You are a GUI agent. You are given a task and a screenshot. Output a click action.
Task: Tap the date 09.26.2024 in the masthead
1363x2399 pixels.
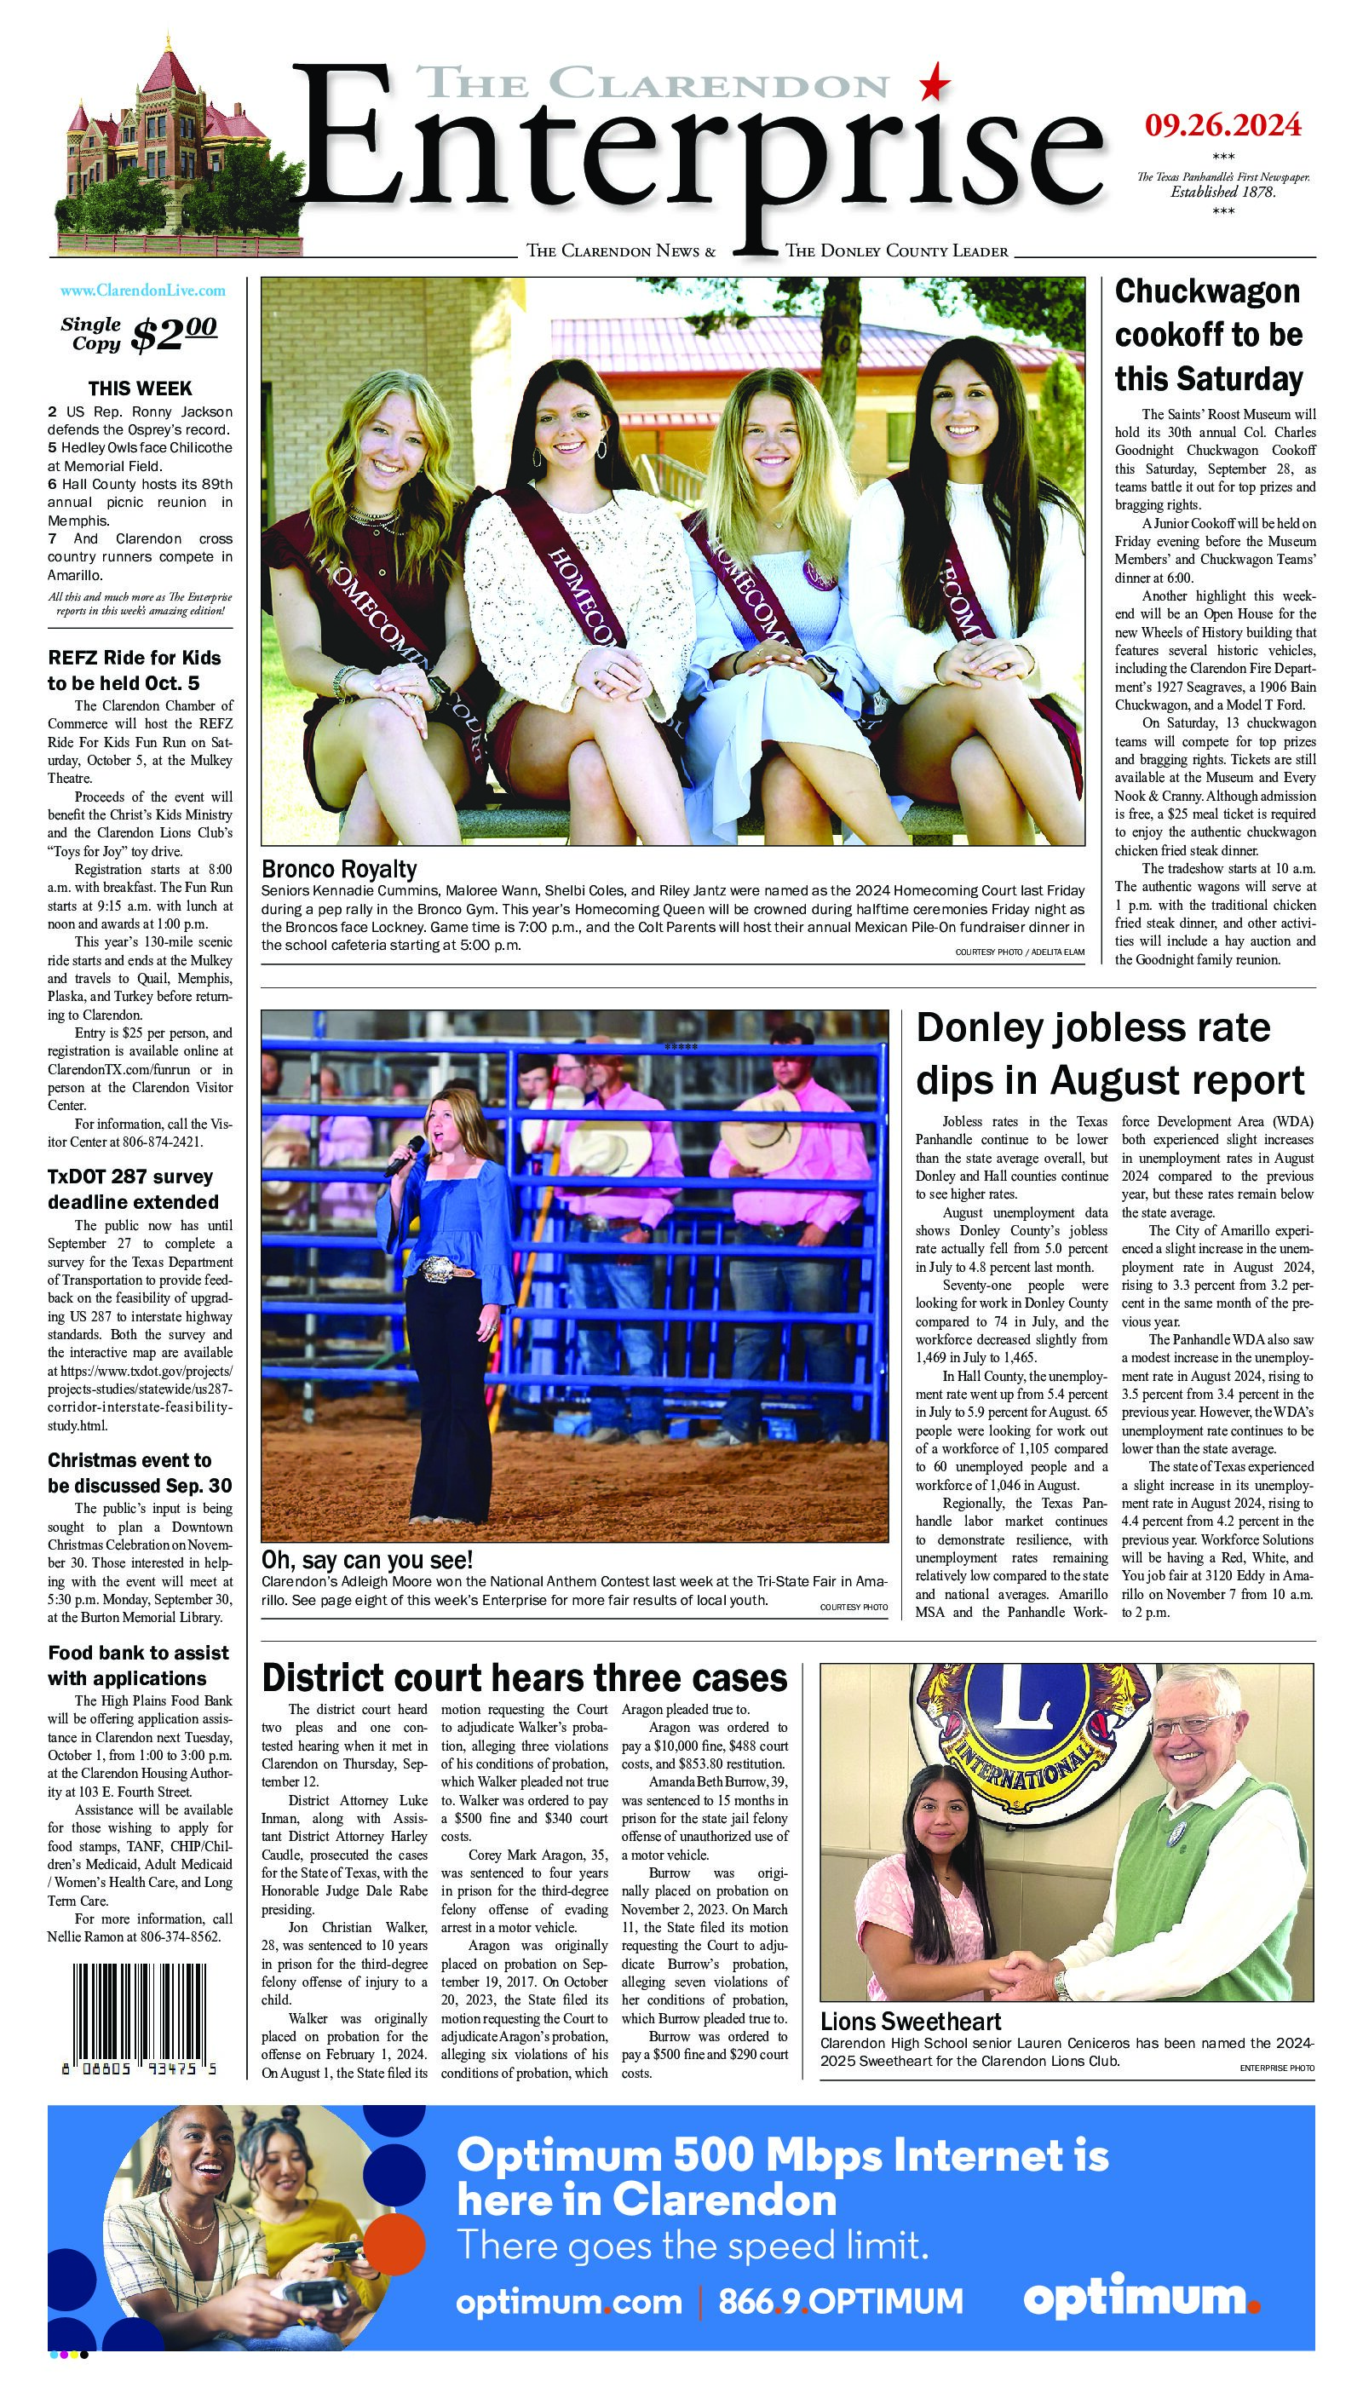[1222, 124]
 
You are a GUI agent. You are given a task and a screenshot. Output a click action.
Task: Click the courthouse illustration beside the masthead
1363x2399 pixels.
[159, 150]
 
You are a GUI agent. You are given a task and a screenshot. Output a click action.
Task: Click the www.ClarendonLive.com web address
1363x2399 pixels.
[142, 291]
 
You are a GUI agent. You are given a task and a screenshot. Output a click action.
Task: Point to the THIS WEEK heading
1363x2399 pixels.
[140, 388]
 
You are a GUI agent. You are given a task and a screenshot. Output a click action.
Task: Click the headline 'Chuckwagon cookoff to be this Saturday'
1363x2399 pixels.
[1209, 335]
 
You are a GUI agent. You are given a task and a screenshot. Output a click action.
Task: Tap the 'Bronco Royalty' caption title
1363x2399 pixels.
[339, 869]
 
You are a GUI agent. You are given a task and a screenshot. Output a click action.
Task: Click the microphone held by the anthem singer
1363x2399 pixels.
[405, 1156]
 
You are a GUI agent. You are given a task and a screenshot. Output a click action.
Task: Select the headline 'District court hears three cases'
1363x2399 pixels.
[524, 1677]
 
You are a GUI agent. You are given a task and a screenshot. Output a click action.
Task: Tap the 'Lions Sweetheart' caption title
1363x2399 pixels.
[910, 2021]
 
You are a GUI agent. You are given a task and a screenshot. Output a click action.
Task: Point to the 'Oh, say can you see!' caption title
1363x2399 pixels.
[367, 1559]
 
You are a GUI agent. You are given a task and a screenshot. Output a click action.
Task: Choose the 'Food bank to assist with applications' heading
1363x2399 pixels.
[138, 1665]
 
